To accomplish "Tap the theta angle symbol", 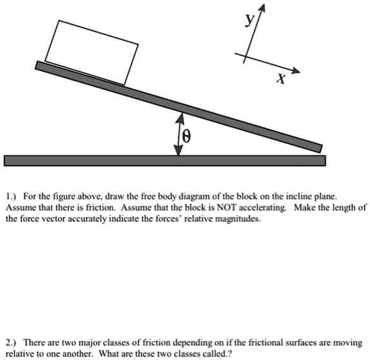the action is click(x=187, y=136).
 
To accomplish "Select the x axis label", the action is click(x=280, y=79).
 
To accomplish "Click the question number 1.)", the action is click(x=11, y=196).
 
